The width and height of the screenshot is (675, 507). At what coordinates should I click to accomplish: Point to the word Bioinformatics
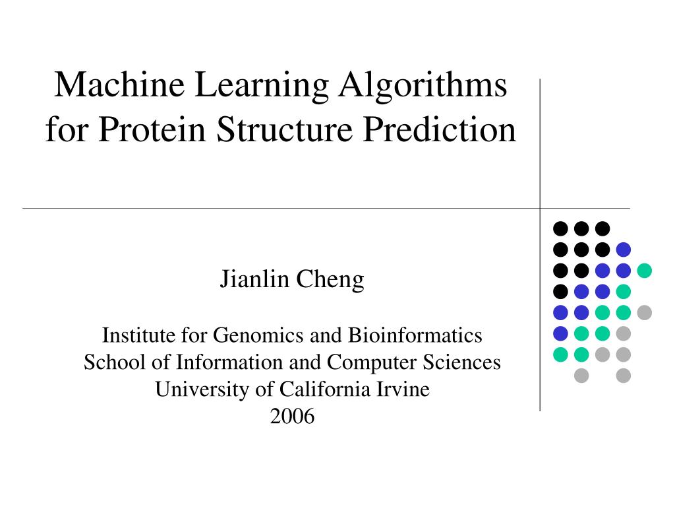point(415,335)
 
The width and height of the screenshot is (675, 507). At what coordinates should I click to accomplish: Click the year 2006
point(292,417)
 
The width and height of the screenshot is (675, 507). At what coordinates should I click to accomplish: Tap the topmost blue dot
point(623,250)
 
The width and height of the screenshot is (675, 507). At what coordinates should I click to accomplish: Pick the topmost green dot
point(644,271)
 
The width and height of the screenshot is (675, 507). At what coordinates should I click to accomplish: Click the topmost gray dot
point(644,312)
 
